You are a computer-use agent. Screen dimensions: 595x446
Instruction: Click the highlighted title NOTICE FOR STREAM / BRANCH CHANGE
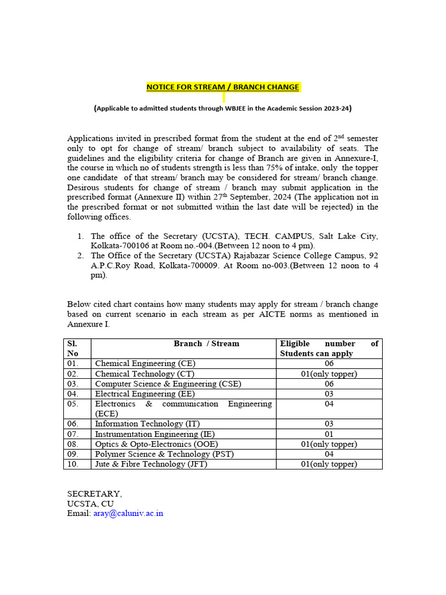coord(223,87)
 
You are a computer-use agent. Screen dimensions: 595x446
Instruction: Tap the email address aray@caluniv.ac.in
coord(128,514)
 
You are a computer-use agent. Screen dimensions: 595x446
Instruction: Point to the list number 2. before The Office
coord(81,256)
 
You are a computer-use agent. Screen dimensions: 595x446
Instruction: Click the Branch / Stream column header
coord(206,343)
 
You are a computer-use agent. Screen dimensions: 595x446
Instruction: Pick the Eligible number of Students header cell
coord(329,348)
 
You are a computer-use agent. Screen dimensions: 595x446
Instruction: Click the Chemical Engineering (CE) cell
coord(141,364)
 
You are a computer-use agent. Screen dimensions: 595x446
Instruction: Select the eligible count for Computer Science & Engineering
coord(329,383)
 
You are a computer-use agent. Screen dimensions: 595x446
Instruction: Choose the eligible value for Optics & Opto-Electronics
coord(329,444)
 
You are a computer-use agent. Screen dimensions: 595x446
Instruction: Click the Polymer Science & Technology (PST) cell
coord(164,454)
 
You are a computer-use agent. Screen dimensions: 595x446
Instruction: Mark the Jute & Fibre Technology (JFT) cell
coord(151,464)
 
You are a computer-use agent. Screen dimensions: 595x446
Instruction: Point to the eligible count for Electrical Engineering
coord(329,393)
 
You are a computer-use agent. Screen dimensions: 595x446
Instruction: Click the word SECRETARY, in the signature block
coord(95,494)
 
